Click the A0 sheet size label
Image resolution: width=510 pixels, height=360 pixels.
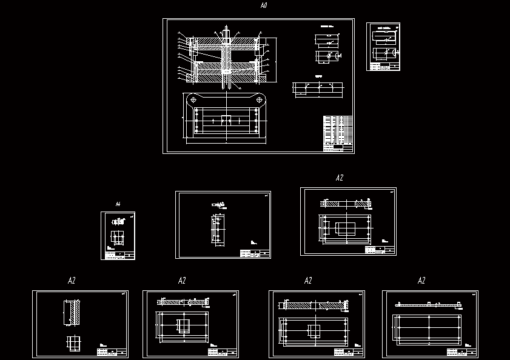(263, 5)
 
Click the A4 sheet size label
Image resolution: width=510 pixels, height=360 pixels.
(118, 204)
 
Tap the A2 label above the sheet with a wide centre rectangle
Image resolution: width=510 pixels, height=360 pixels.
(339, 178)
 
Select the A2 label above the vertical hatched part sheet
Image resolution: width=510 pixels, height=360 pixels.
(72, 281)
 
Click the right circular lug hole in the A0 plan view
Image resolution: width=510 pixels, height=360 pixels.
(260, 99)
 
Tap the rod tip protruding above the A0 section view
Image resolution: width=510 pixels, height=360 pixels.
(226, 29)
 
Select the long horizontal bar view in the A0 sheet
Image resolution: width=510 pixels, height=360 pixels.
(318, 89)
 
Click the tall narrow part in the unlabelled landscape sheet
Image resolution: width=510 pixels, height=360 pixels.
(218, 231)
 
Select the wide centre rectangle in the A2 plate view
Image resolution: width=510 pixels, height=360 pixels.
(346, 228)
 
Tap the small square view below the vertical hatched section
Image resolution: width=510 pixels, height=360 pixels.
(73, 344)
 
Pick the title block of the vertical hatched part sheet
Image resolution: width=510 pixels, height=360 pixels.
(112, 352)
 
